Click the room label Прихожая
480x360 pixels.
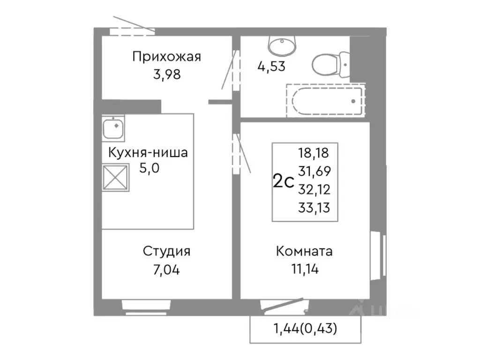166,57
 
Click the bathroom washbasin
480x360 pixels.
282,45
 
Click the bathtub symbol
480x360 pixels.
325,100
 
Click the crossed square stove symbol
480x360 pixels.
114,178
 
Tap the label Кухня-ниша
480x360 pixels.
148,153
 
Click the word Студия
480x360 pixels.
166,251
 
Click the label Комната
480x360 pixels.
304,251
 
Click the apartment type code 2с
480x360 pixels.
283,180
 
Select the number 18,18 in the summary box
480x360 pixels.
313,153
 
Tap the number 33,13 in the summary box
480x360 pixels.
313,207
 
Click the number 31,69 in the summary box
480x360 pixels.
313,171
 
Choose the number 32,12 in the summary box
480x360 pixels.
313,189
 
